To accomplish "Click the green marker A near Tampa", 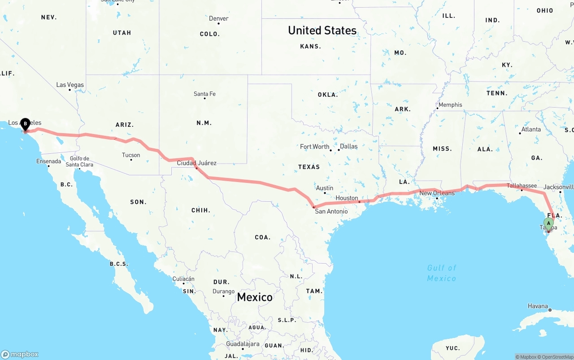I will pos(548,223).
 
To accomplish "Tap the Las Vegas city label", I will pos(70,85).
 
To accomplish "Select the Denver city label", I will pos(218,18).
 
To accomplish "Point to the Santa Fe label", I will pos(204,94).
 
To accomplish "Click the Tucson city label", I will pos(131,155).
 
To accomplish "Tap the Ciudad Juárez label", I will pos(196,163).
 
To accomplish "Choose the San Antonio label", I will pos(331,211).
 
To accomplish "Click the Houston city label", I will pos(347,198).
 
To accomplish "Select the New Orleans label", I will pos(437,193).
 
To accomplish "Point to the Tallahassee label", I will pos(522,186).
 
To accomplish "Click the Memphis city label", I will pos(450,105).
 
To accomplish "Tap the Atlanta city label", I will pos(531,129).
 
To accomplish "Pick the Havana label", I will pos(538,306).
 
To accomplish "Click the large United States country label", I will pos(322,30).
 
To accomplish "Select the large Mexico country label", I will pos(254,297).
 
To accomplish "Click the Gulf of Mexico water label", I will pos(441,273).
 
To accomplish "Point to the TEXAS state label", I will pos(309,167).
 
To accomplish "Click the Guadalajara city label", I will pos(243,344).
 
